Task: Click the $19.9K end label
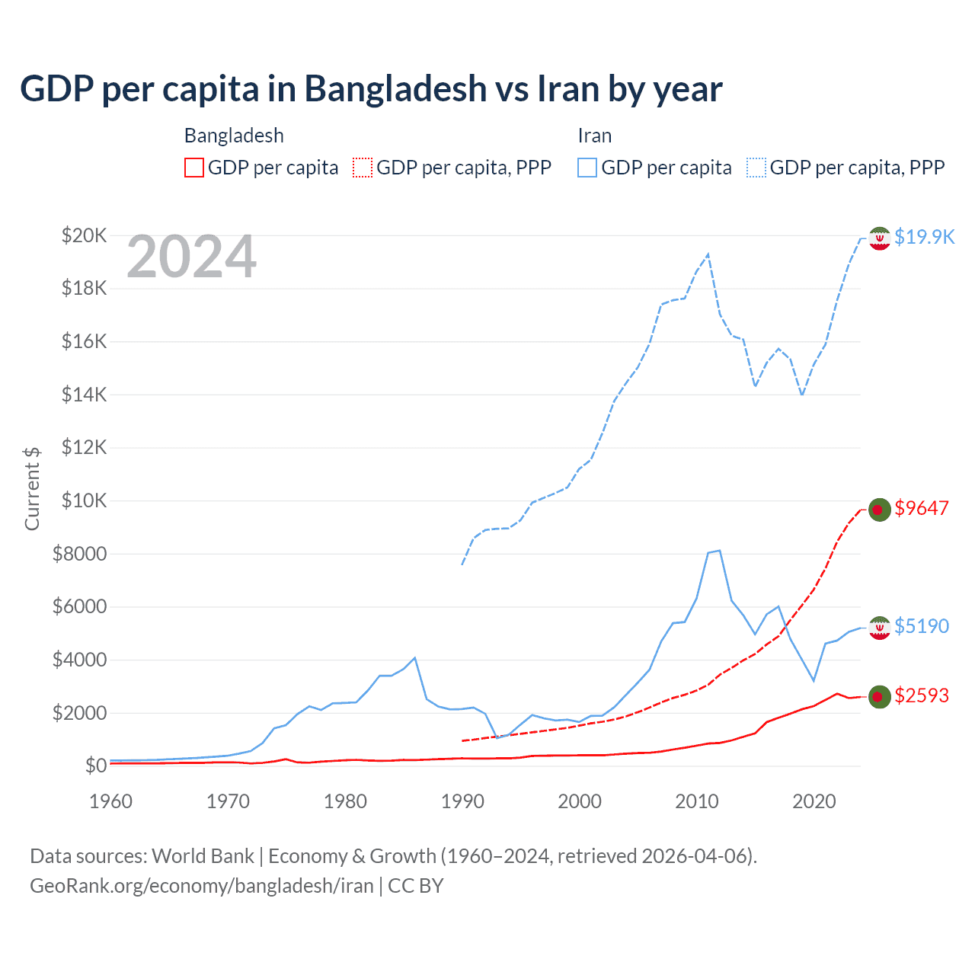[x=924, y=237]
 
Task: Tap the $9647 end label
[x=922, y=508]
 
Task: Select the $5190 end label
[x=922, y=626]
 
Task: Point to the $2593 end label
[x=922, y=695]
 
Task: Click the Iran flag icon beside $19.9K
[x=880, y=238]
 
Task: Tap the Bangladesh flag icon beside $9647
[x=880, y=510]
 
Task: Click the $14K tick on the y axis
[x=85, y=395]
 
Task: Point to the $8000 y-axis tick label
[x=79, y=554]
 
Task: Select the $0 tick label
[x=95, y=766]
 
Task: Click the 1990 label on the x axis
[x=462, y=801]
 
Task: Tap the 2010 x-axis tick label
[x=697, y=801]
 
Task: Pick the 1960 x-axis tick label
[x=111, y=801]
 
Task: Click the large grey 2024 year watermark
[x=191, y=257]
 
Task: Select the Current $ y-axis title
[x=32, y=488]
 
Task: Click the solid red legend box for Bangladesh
[x=194, y=168]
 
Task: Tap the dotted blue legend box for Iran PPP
[x=756, y=168]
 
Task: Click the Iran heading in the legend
[x=595, y=136]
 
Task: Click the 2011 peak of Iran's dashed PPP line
[x=708, y=254]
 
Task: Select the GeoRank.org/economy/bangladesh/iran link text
[x=202, y=886]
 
